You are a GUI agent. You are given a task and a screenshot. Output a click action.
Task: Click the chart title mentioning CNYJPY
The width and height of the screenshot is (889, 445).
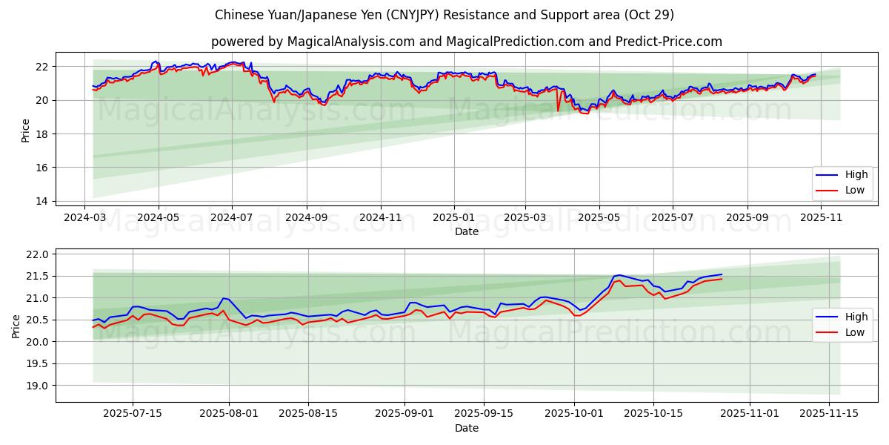(444, 15)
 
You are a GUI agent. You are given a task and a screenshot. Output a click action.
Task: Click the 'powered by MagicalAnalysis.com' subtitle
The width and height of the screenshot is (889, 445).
(467, 42)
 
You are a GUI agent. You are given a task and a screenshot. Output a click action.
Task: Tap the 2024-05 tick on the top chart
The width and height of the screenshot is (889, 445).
(159, 217)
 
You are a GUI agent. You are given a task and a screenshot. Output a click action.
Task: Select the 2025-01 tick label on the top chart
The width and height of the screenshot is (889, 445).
(453, 217)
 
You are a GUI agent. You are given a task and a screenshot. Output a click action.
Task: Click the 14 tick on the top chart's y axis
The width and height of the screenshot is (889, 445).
(42, 201)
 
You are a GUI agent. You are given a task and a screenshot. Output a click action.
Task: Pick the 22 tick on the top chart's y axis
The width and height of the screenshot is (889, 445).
(42, 67)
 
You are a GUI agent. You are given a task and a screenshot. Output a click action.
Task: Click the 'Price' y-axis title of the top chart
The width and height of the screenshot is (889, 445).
(26, 131)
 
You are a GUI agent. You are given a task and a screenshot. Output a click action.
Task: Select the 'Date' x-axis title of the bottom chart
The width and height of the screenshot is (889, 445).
(467, 428)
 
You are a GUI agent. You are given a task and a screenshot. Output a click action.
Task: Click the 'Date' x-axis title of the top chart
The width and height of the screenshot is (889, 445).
(467, 231)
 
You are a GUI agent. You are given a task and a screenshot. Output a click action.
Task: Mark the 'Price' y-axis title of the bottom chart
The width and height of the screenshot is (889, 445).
(16, 326)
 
